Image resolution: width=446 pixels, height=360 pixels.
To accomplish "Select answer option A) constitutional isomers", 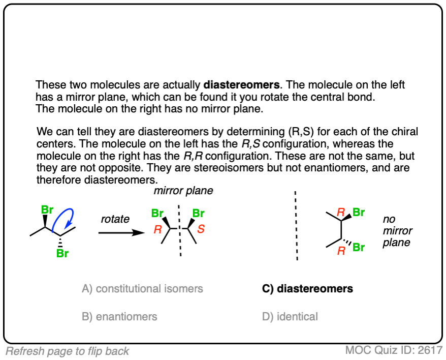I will pos(142,289).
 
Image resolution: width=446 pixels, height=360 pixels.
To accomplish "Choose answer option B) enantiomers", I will pos(119,316).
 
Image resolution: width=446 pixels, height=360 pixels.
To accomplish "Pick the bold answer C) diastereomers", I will pos(307,289).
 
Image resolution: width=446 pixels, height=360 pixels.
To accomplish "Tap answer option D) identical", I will pos(290,316).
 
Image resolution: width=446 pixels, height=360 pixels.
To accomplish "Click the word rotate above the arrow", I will pos(115,219).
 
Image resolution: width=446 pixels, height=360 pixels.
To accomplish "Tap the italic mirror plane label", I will pos(183,192).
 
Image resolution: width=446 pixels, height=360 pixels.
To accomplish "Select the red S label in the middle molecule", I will pos(201,229).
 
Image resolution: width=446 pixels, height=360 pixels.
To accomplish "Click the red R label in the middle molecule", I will pos(157,229).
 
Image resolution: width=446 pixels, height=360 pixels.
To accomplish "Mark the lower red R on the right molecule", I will pos(341,250).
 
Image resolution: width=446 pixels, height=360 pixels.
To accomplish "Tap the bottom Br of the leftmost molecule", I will pos(62,253).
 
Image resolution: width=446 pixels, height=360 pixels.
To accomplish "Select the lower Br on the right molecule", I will pos(359,248).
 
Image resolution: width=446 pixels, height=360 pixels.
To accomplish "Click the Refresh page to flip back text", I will pos(68,351).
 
